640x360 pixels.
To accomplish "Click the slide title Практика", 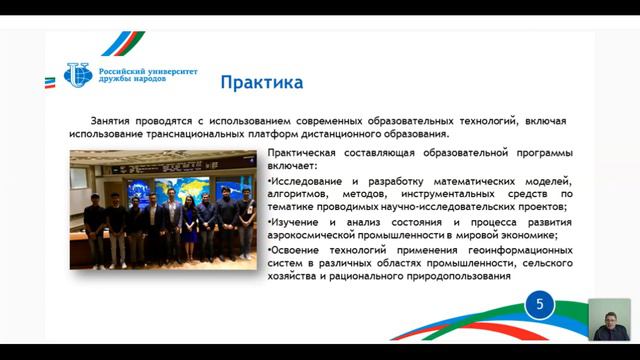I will click(x=261, y=80).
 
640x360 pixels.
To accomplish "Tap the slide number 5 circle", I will click(x=540, y=305).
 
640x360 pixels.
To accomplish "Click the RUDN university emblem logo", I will click(x=77, y=74).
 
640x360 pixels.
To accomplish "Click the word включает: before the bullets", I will click(x=292, y=166).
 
